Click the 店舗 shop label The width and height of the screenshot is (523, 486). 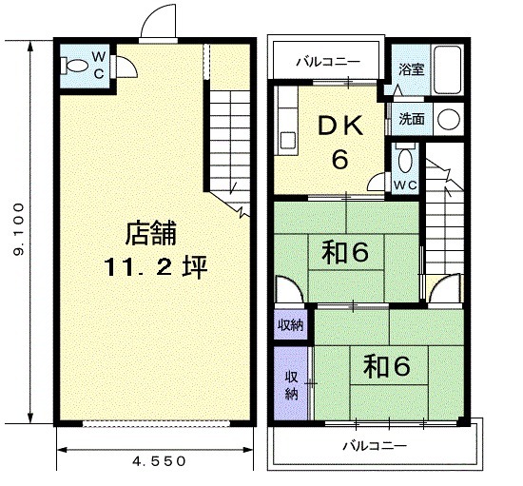click(x=151, y=234)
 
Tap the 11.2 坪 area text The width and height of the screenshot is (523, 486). click(x=156, y=267)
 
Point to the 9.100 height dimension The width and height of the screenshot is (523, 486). click(x=19, y=229)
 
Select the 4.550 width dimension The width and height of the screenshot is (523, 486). click(x=159, y=461)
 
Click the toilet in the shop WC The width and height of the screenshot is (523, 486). click(x=74, y=66)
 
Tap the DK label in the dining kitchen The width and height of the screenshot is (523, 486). click(x=340, y=126)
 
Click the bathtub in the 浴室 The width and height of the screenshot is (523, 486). click(x=447, y=70)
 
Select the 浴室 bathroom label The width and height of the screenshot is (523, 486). click(x=411, y=69)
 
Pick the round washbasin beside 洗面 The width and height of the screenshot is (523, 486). click(x=449, y=119)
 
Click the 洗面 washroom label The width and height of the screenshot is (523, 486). click(x=412, y=119)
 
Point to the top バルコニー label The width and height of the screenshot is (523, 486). click(x=329, y=62)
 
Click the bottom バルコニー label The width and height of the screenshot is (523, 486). click(x=375, y=446)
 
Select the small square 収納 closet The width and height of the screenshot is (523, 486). click(x=291, y=325)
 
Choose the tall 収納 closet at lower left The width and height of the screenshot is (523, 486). click(x=292, y=383)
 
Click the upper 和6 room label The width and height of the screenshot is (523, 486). click(x=345, y=252)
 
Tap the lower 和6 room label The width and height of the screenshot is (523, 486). click(x=387, y=366)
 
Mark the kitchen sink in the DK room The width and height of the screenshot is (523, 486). click(x=287, y=141)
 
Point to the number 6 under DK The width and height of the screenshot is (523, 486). click(x=339, y=159)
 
